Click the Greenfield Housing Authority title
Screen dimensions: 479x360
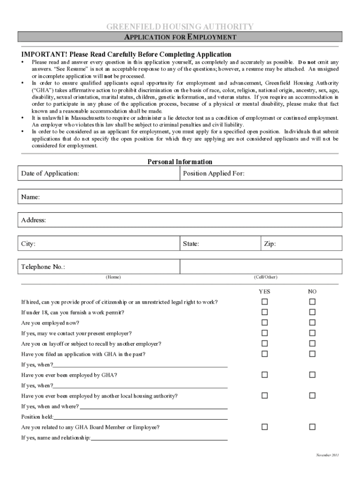180,27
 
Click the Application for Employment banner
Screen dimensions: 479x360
180,37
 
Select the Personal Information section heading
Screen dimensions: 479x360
180,162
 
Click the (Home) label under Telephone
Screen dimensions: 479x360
113,277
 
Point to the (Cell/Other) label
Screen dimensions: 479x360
266,277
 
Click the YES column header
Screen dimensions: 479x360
265,291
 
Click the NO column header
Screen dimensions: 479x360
312,291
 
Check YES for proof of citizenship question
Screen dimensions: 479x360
265,302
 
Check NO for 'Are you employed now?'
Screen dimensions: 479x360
312,323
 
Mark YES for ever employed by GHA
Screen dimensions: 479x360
265,375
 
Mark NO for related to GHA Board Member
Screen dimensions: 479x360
312,427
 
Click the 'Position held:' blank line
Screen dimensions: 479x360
140,416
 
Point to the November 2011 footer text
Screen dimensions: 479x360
328,455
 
